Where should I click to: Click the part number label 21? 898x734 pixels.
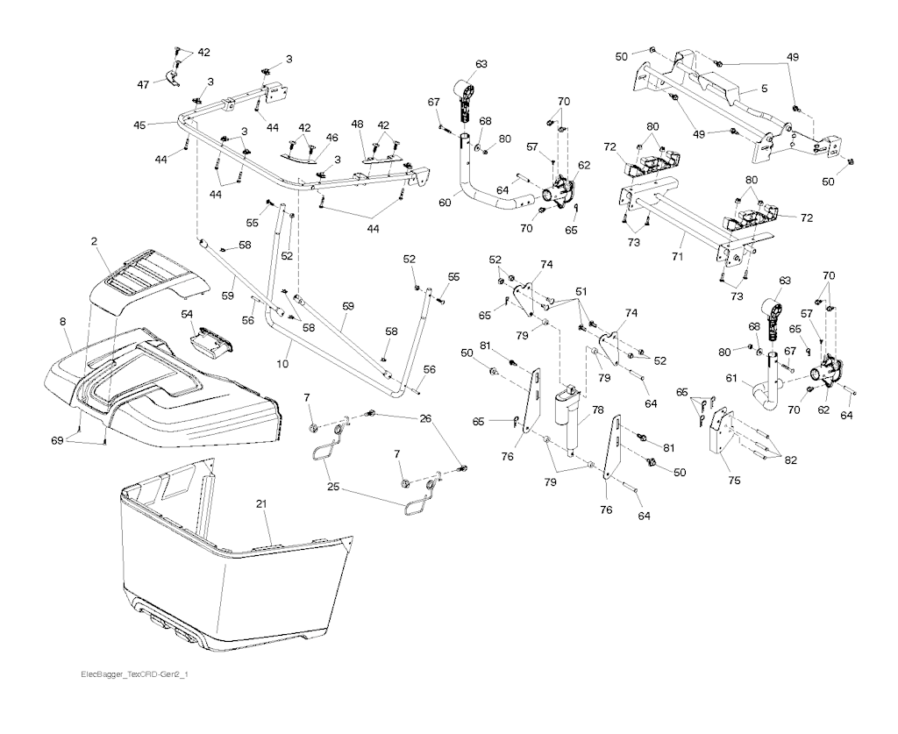[x=261, y=504]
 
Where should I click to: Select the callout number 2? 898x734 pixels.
[x=94, y=241]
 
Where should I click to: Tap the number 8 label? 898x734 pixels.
[x=62, y=323]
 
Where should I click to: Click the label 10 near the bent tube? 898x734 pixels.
[x=283, y=364]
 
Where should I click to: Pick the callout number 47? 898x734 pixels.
[x=143, y=85]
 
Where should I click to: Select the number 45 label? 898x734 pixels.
[x=140, y=125]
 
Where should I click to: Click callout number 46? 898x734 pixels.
[x=332, y=138]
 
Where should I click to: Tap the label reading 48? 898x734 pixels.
[x=357, y=124]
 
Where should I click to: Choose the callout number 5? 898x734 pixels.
[x=764, y=89]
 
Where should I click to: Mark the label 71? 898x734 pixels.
[x=678, y=257]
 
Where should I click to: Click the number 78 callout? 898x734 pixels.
[x=598, y=410]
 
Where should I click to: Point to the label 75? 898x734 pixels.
[x=733, y=481]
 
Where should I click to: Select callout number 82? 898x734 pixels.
[x=789, y=460]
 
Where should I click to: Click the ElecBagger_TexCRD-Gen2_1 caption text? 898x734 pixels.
[x=134, y=674]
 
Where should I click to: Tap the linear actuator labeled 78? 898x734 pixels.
[x=568, y=418]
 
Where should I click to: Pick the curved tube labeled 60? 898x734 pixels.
[x=487, y=195]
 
